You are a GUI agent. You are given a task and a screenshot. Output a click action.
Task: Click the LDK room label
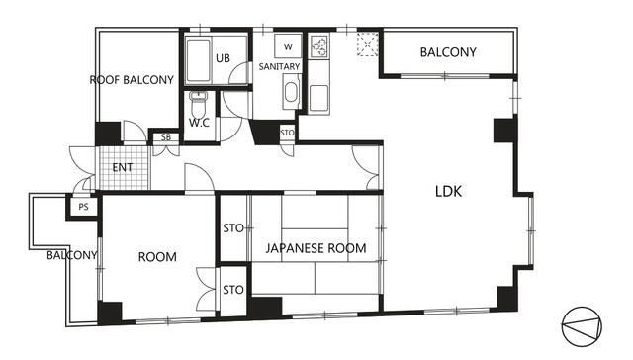point(448,191)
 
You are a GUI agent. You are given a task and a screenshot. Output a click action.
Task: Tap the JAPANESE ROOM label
point(316,248)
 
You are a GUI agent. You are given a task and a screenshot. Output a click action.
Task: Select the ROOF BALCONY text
point(132,80)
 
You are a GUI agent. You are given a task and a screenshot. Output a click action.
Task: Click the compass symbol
point(582,326)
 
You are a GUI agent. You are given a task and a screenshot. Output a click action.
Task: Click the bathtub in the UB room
point(198,60)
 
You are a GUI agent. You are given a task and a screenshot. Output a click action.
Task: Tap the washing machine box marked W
point(288,46)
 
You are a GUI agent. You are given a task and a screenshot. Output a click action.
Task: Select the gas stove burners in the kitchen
point(319,46)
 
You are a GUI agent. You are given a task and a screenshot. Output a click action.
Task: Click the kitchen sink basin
point(318,98)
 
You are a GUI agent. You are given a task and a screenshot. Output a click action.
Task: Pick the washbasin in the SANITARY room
point(291,92)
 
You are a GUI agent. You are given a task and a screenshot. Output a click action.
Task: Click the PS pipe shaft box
point(83,207)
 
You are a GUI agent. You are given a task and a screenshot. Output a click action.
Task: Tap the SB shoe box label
point(166,137)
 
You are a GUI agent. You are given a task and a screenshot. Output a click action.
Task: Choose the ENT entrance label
point(123,167)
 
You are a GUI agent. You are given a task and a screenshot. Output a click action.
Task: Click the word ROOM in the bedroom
point(157,257)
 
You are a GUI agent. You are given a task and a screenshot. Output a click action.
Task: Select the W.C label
point(199,123)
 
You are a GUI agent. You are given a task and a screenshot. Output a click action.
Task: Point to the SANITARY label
point(279,66)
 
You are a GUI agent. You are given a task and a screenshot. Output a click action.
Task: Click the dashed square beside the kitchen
point(368,44)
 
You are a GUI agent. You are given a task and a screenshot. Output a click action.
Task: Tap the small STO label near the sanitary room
point(287,133)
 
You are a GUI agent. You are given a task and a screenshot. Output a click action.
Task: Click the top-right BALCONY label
point(448,52)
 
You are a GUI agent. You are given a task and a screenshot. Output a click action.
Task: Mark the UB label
point(223,58)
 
